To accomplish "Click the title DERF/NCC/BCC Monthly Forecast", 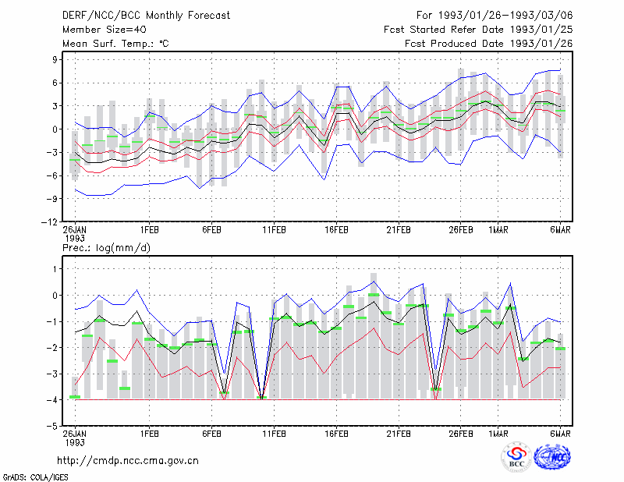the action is (x=146, y=16).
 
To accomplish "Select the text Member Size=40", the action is (x=105, y=30).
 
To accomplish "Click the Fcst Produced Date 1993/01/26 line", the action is (x=489, y=44).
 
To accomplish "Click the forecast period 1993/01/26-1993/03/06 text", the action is (x=495, y=16).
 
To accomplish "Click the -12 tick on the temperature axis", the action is (x=49, y=222).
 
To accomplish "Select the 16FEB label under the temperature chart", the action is (x=336, y=230).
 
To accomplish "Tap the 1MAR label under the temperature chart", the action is (x=498, y=230).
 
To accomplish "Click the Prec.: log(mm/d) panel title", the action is (x=106, y=248).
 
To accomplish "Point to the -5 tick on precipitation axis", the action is (x=51, y=427).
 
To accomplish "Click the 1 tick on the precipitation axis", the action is (x=55, y=269).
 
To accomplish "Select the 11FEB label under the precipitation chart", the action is (x=274, y=434).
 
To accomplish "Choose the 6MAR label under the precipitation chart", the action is (x=560, y=434).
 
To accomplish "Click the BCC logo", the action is (x=516, y=457).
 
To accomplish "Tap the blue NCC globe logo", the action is (x=552, y=457).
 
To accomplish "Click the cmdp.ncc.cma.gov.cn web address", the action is (x=128, y=461).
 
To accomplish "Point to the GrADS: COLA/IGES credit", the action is (x=35, y=477).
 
